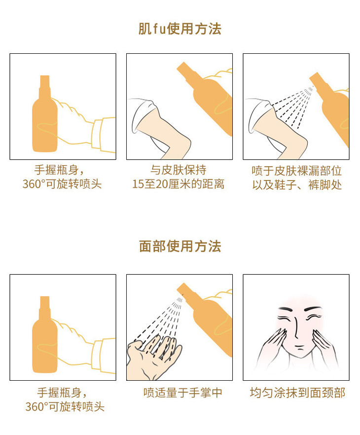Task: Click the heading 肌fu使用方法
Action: click(x=180, y=29)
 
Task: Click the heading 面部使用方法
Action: click(x=180, y=246)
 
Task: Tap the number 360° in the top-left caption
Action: click(x=34, y=184)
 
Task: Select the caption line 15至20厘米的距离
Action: click(x=178, y=184)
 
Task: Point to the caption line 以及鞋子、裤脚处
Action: click(x=296, y=185)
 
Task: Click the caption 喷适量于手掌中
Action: click(x=183, y=393)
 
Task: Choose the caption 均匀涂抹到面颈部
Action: click(x=297, y=393)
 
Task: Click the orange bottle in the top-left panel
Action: click(x=45, y=114)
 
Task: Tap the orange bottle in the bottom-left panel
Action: click(x=45, y=334)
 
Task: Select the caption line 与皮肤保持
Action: click(x=179, y=170)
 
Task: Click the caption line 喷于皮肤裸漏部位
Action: click(x=296, y=171)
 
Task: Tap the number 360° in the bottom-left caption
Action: click(x=36, y=407)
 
